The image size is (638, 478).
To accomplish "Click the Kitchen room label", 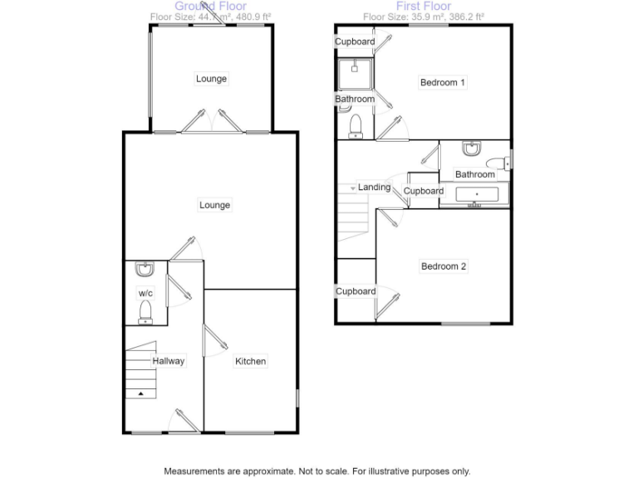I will tap(250, 361).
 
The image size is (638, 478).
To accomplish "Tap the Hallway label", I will tap(168, 361).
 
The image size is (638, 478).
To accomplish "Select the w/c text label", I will tap(145, 293).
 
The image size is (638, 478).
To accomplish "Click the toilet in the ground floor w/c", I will tap(145, 311).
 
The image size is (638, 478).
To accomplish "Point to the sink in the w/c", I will tap(145, 270).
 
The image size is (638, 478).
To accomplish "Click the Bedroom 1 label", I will tap(442, 82).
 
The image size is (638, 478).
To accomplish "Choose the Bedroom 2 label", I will tap(443, 266).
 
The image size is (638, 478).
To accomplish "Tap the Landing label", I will tap(374, 188).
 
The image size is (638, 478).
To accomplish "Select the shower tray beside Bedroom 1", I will tap(355, 74).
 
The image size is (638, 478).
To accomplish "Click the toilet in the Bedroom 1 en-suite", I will tap(356, 125).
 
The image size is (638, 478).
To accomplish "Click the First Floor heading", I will tap(423, 6).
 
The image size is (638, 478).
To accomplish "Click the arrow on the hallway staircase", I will tap(140, 392).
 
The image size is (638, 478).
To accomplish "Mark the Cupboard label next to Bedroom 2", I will tap(356, 291).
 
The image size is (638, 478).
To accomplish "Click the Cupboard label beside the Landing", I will tap(424, 191).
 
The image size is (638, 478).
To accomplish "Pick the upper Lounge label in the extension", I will tap(211, 79).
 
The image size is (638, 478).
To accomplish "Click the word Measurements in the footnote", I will tap(194, 471).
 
